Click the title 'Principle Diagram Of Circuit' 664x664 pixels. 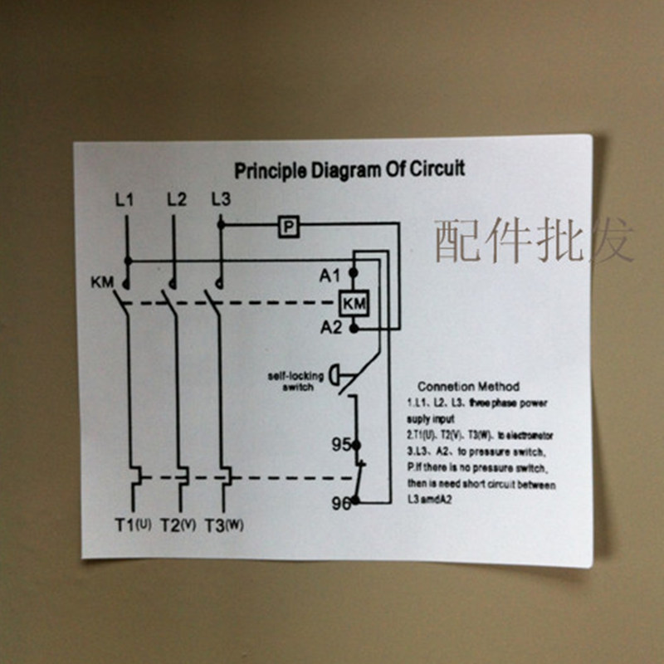pyautogui.click(x=349, y=170)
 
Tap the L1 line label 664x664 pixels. pyautogui.click(x=124, y=199)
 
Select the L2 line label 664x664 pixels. pyautogui.click(x=176, y=199)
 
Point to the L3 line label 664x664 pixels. pyautogui.click(x=221, y=199)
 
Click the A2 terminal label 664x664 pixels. pyautogui.click(x=331, y=328)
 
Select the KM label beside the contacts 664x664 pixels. pyautogui.click(x=102, y=282)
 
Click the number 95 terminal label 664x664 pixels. pyautogui.click(x=340, y=445)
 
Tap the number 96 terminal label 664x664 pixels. pyautogui.click(x=340, y=501)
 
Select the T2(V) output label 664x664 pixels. pyautogui.click(x=178, y=525)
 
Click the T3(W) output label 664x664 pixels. pyautogui.click(x=223, y=525)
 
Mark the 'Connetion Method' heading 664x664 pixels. pyautogui.click(x=468, y=386)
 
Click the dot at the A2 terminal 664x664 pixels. pyautogui.click(x=354, y=329)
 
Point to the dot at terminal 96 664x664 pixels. pyautogui.click(x=355, y=500)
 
